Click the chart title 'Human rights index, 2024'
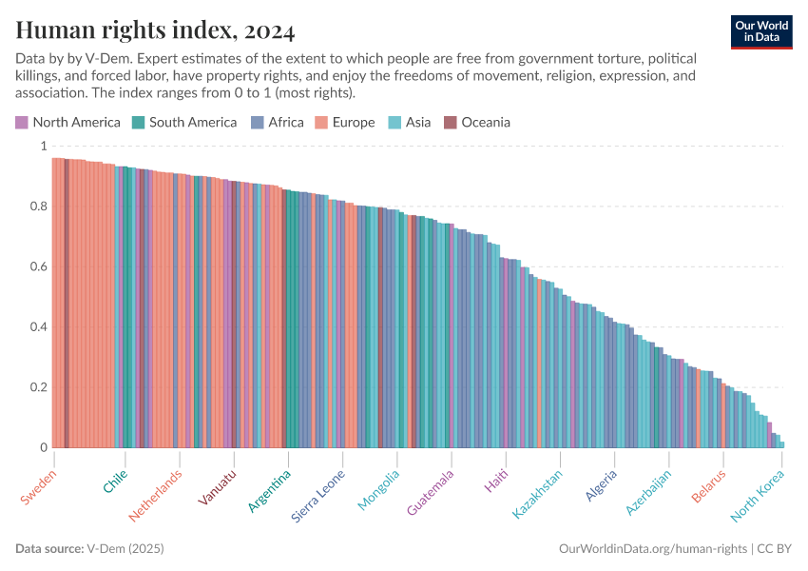[x=155, y=31]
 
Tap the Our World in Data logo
[x=760, y=31]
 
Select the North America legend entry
[x=67, y=122]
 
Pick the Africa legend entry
[x=278, y=122]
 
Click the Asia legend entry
[x=410, y=122]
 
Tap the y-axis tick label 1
[x=42, y=147]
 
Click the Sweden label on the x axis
[x=39, y=486]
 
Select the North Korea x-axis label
[x=759, y=496]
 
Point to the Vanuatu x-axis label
[x=218, y=488]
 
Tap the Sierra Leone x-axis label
[x=318, y=496]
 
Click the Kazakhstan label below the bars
[x=538, y=494]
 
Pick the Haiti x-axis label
[x=496, y=481]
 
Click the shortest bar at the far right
[x=781, y=444]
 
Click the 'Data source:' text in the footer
[x=48, y=549]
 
